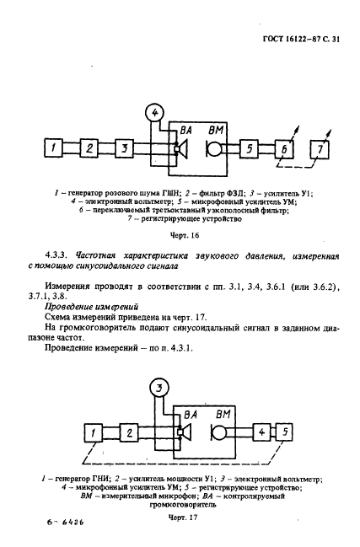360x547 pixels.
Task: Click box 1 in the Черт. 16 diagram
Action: coord(52,148)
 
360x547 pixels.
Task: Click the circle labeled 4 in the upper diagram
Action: coord(153,111)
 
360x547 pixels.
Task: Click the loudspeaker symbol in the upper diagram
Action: coord(180,150)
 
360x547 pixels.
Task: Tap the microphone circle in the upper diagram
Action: coord(214,150)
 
